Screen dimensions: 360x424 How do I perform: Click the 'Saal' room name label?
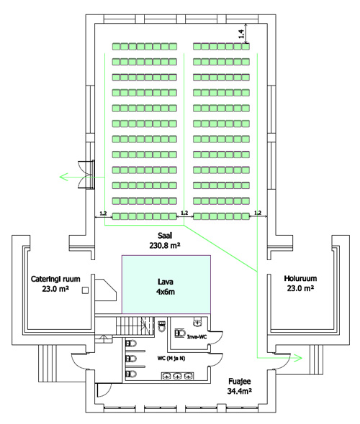165,236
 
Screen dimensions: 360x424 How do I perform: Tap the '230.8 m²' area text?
165,246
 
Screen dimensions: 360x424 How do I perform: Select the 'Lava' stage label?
166,282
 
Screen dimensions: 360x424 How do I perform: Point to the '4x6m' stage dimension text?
166,292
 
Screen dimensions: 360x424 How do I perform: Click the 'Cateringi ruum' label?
55,279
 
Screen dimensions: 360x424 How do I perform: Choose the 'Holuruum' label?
300,278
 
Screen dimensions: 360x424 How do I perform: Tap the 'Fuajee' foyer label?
240,382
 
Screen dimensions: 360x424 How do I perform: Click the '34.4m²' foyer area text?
240,391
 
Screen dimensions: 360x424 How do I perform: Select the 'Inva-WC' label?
197,336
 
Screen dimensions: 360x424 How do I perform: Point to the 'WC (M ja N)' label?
171,359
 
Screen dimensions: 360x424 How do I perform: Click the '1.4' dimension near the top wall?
241,34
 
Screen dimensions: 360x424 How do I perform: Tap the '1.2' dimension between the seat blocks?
184,213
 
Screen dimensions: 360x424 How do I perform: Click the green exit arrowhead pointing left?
63,177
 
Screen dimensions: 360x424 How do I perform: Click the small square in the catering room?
86,290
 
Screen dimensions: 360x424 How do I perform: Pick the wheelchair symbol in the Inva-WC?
180,333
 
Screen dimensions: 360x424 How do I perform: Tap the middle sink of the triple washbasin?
177,376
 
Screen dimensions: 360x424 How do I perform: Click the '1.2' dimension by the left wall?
103,213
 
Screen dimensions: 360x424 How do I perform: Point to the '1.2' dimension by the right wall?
258,213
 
